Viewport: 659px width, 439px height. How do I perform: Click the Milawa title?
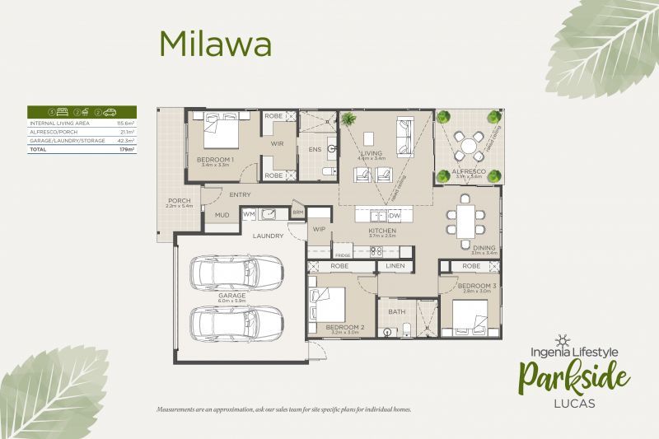click(215, 44)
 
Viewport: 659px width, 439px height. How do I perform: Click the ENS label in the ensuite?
click(314, 151)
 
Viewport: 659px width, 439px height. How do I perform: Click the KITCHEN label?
click(383, 231)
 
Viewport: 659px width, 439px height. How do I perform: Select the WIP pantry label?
click(320, 230)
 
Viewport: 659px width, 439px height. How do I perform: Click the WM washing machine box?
click(249, 214)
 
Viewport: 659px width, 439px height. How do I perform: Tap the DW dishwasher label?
click(394, 215)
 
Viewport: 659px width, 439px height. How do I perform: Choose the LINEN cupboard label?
click(396, 267)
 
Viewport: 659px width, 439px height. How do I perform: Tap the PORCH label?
click(180, 200)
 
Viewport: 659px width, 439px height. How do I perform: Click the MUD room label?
click(222, 216)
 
